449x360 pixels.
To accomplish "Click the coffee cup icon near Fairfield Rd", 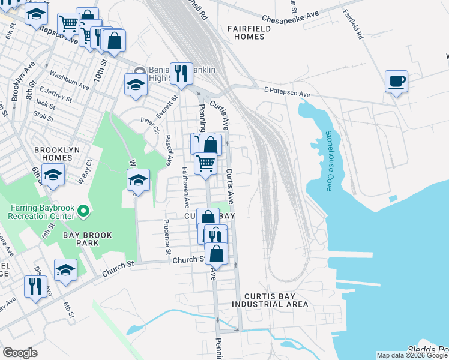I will [x=396, y=81].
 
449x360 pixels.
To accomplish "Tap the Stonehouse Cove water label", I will [x=329, y=161].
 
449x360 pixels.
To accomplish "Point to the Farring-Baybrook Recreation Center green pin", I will [x=83, y=211].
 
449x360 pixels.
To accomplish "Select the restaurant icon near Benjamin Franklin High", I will [x=181, y=74].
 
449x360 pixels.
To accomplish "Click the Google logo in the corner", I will [x=20, y=353].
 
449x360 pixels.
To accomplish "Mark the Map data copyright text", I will [x=412, y=355].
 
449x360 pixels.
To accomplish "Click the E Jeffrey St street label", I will [x=55, y=94].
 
